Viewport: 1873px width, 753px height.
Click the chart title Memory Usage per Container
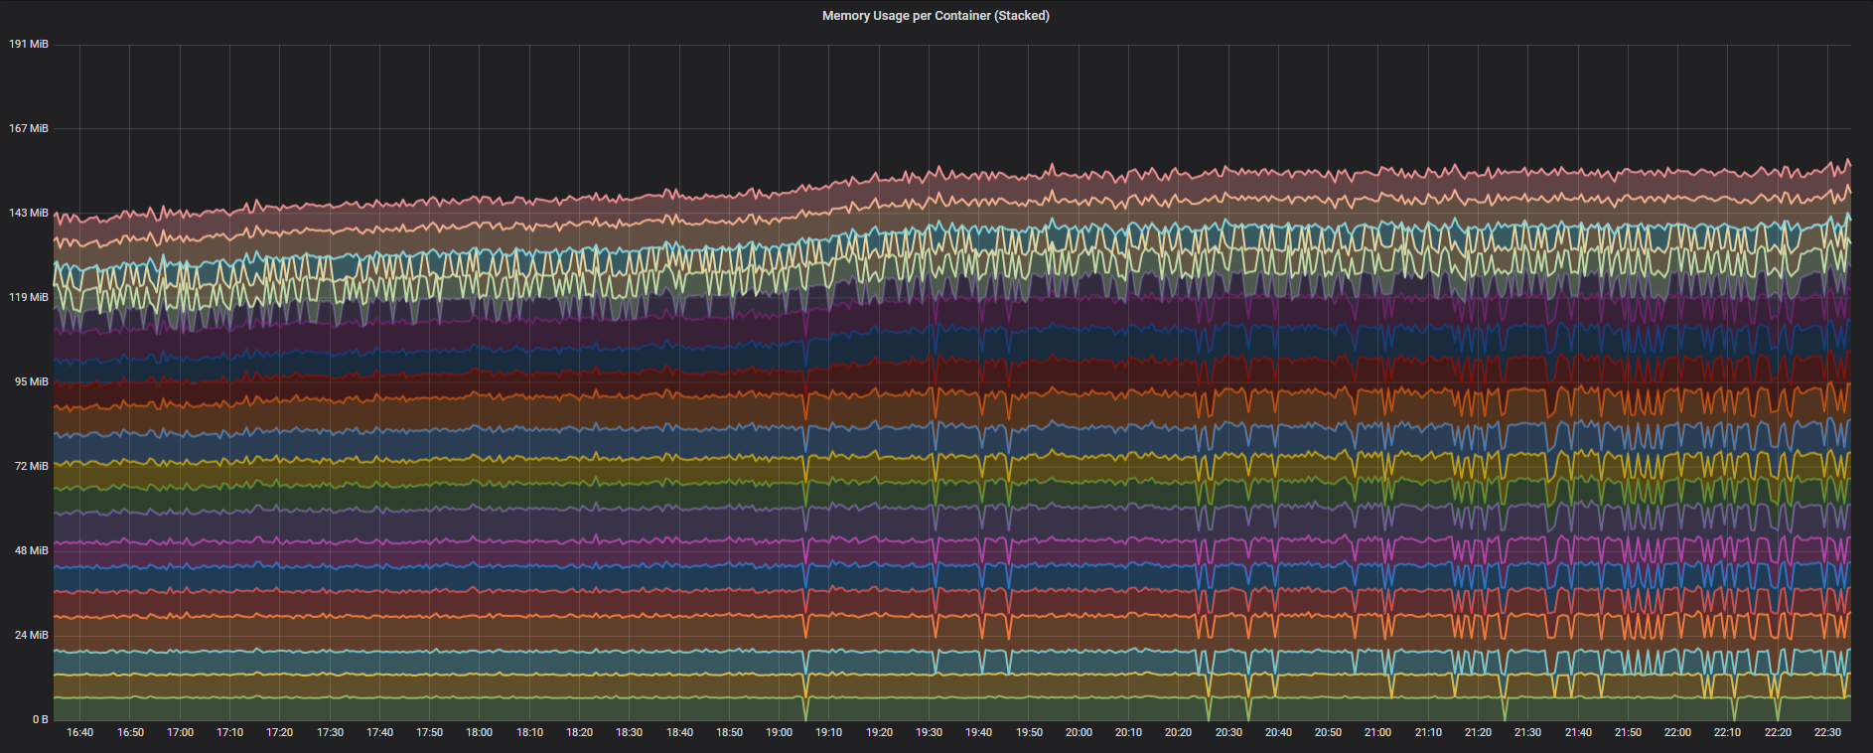[x=936, y=16]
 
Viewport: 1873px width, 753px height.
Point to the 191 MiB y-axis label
[x=29, y=45]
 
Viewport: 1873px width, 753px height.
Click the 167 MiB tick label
[x=29, y=129]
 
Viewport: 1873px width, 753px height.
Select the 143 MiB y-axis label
[x=29, y=214]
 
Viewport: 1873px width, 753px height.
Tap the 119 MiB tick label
[x=29, y=298]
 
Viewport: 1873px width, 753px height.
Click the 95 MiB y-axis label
[x=31, y=382]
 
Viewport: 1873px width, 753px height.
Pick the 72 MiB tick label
[x=31, y=467]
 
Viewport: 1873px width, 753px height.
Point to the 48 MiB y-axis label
[x=31, y=551]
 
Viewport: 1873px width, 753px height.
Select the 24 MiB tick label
[x=31, y=636]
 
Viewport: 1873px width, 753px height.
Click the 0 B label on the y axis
[x=40, y=720]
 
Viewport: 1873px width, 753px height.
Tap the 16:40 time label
[x=79, y=733]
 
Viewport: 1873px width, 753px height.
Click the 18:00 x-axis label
[x=479, y=733]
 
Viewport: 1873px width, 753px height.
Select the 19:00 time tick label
[x=779, y=733]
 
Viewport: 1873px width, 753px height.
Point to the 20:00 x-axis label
[x=1079, y=733]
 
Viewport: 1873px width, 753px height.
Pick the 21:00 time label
[x=1377, y=733]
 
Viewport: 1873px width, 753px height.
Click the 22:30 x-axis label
[x=1827, y=733]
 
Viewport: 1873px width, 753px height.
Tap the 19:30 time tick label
[x=929, y=733]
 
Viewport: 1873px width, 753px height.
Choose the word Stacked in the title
[x=1025, y=16]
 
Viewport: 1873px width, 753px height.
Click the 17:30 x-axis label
[x=330, y=733]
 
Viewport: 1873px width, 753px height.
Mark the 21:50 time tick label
[x=1628, y=733]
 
